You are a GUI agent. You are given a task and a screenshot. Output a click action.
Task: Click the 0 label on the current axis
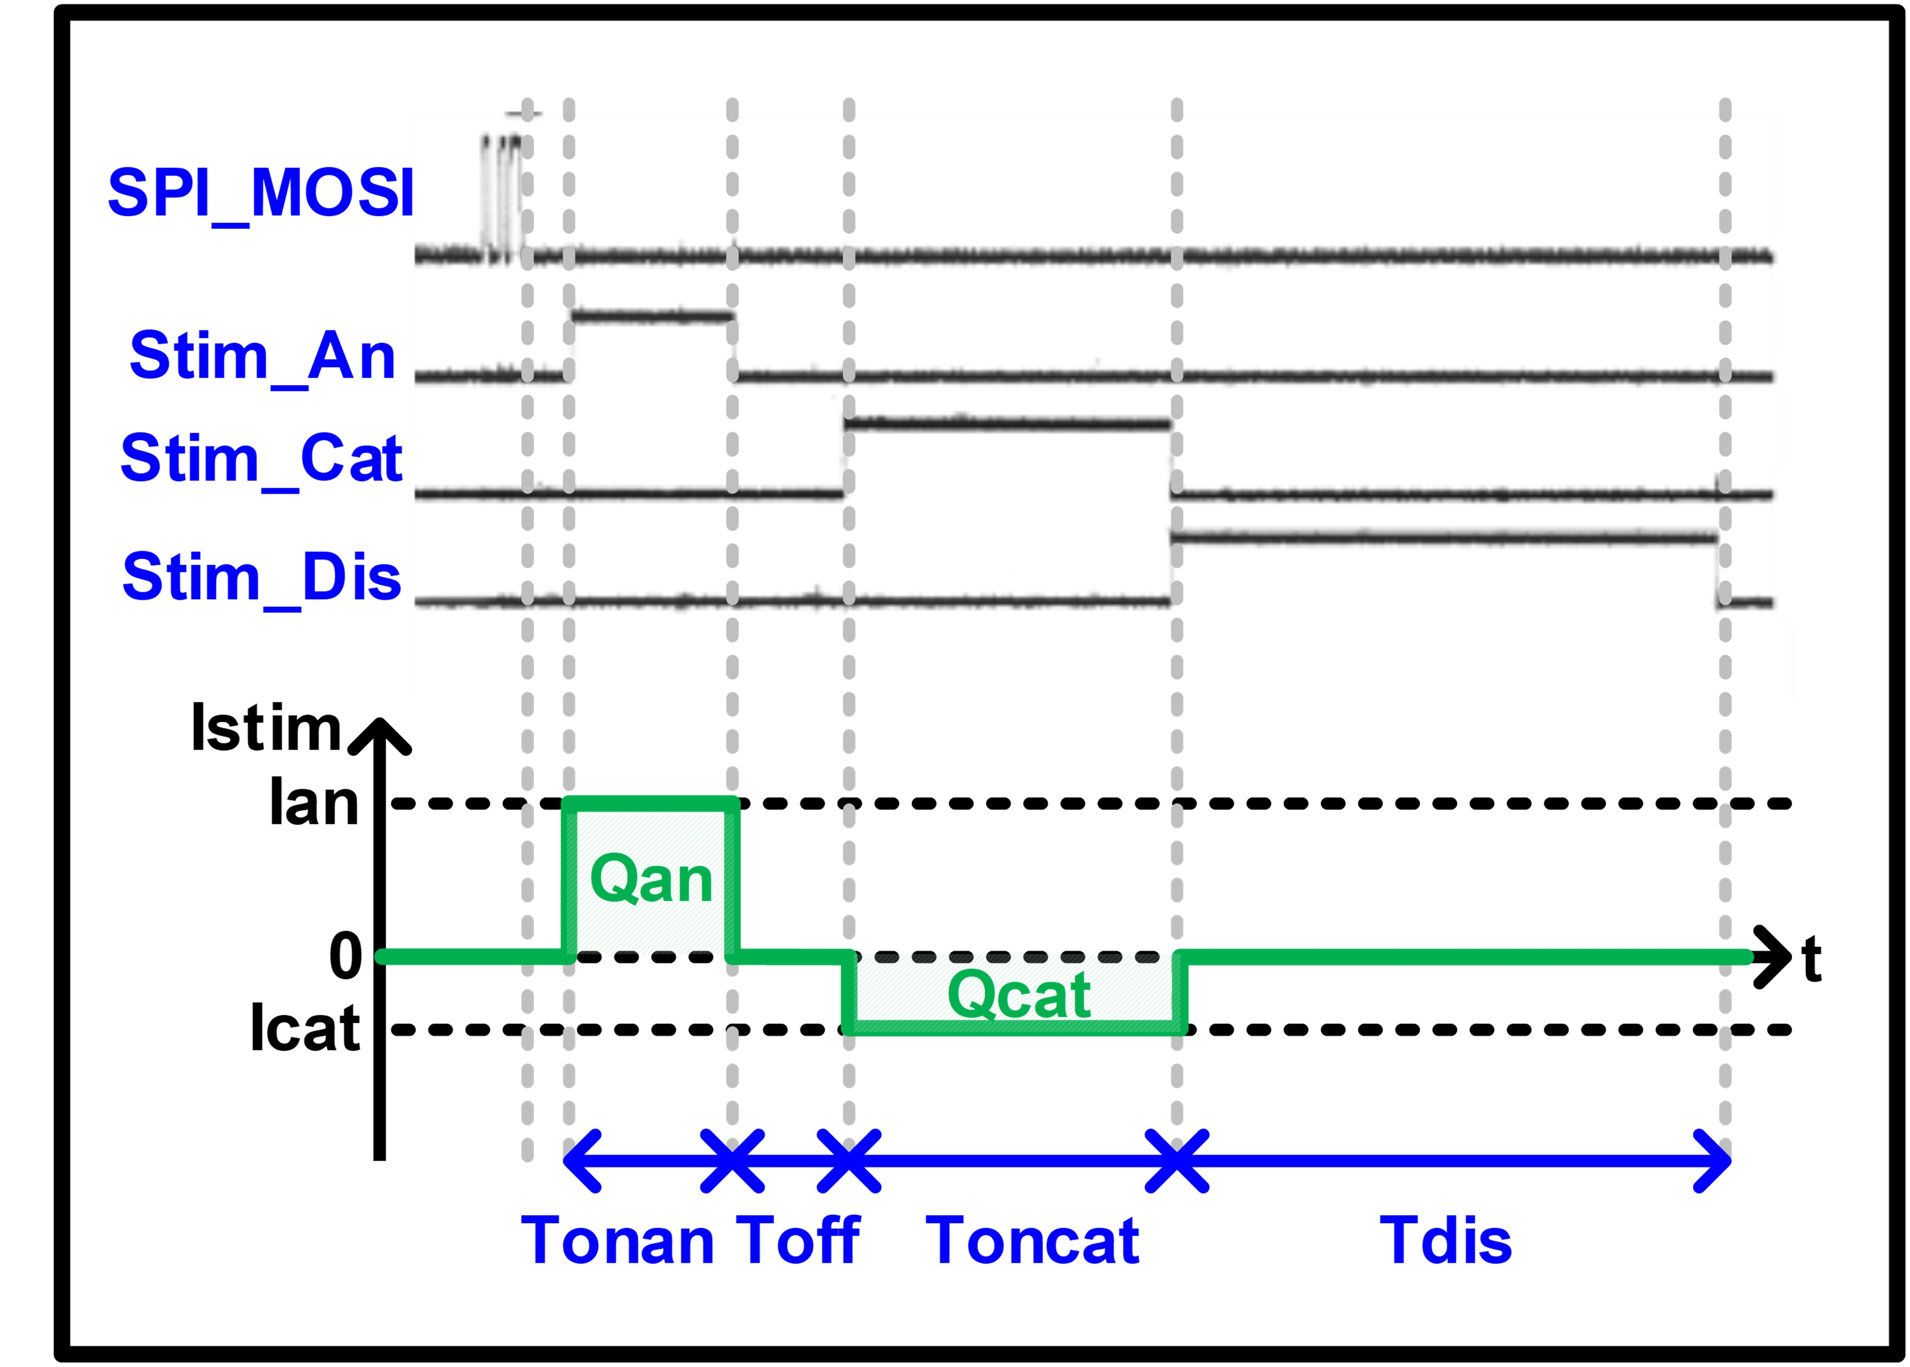pos(345,957)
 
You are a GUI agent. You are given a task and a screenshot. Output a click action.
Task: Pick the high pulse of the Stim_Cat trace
pos(1007,423)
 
